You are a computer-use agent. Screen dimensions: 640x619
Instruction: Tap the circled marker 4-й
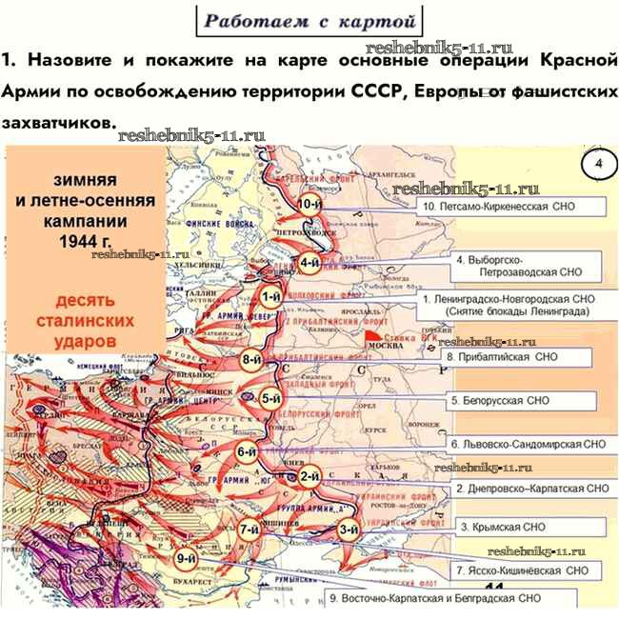[309, 263]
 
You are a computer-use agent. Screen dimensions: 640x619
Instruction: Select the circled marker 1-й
[270, 297]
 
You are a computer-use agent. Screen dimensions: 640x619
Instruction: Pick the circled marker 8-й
[252, 360]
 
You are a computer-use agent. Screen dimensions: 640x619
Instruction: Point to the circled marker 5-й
[271, 399]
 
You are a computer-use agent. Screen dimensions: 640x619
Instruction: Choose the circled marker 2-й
[309, 476]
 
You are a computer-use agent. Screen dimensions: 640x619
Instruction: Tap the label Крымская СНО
[503, 526]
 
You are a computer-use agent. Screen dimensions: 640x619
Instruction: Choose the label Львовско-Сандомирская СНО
[528, 444]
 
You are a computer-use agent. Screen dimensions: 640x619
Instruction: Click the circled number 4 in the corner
[599, 164]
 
